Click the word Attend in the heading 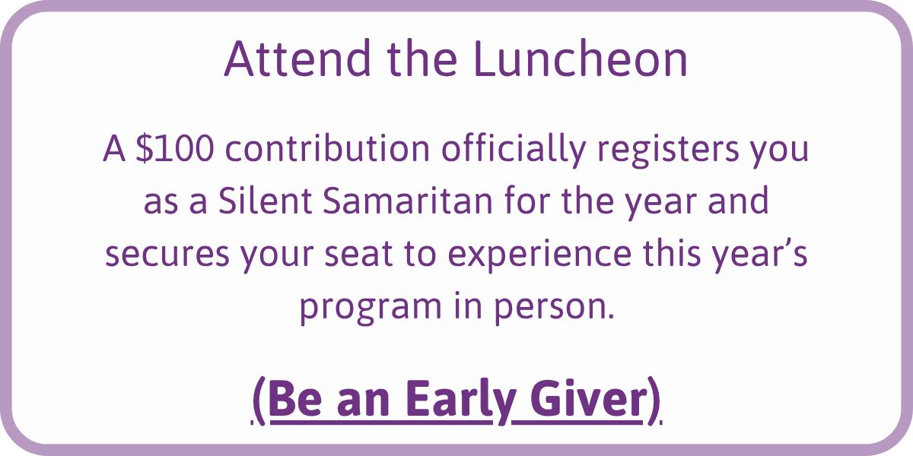click(x=297, y=58)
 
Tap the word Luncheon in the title click(x=581, y=58)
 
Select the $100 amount click(x=175, y=148)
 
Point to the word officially click(x=514, y=150)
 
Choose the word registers click(x=669, y=150)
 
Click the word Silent click(x=266, y=200)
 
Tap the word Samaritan click(x=408, y=200)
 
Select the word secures click(x=167, y=255)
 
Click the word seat click(x=358, y=253)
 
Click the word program click(x=371, y=308)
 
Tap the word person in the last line click(x=552, y=308)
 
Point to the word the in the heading click(x=422, y=58)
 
